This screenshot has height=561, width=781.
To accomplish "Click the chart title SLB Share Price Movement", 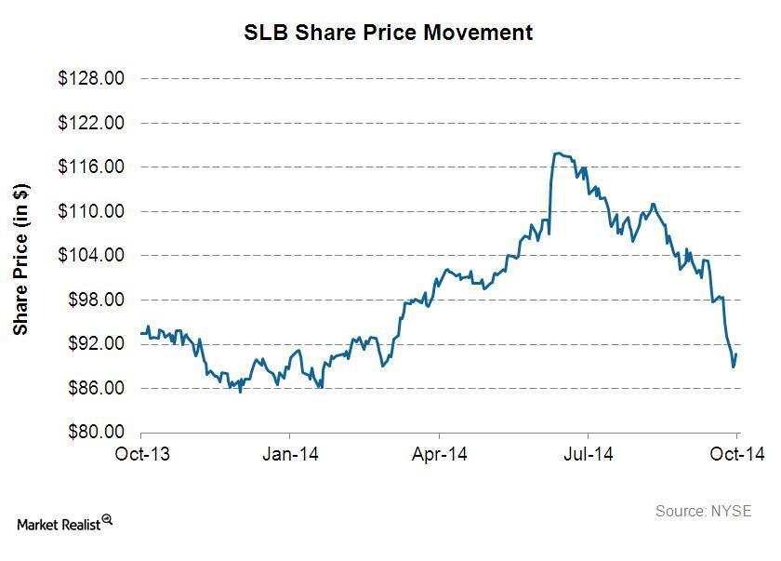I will (x=388, y=33).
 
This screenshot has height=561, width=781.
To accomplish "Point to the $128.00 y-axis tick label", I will (x=90, y=79).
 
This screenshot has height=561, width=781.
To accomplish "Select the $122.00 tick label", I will (x=90, y=123).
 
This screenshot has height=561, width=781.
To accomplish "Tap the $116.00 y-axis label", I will (x=90, y=167).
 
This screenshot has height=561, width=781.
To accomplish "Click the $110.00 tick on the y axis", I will (x=90, y=211).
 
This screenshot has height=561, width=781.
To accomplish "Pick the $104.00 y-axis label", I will (x=90, y=256).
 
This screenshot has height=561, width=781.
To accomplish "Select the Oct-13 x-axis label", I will (x=141, y=454).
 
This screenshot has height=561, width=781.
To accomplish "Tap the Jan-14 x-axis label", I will (x=290, y=454).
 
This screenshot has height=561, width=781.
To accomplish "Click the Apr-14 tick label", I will (x=439, y=454).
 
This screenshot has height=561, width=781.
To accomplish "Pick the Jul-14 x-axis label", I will (x=588, y=454).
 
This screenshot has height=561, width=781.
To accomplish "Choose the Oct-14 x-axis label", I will (x=737, y=454).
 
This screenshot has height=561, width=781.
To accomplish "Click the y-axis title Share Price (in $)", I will (x=21, y=258).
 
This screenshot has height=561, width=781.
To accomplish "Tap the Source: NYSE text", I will (x=703, y=511).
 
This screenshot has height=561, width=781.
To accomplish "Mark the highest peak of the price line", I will (x=557, y=153).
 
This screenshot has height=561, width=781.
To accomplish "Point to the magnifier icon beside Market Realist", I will (x=108, y=520).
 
